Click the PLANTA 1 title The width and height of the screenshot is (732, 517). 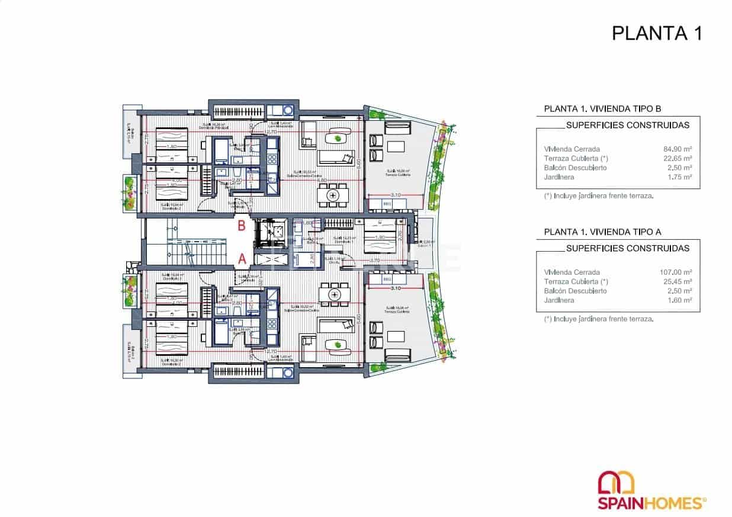click(x=656, y=33)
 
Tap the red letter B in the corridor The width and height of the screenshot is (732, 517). click(x=242, y=226)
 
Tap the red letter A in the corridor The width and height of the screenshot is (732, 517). click(x=242, y=258)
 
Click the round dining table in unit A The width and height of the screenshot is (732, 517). click(x=334, y=294)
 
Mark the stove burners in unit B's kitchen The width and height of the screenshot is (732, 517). click(x=272, y=159)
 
